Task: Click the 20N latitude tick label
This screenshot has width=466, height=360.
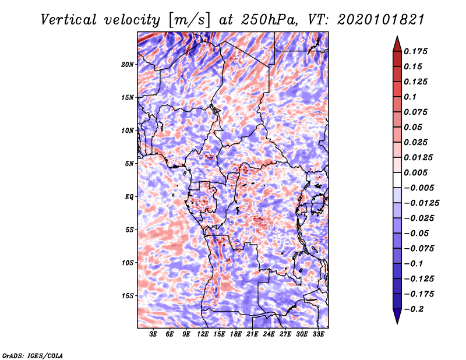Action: (128, 65)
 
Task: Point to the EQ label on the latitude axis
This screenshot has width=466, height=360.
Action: (129, 197)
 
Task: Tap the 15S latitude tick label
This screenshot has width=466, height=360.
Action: (128, 296)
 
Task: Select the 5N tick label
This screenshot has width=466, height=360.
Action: (129, 164)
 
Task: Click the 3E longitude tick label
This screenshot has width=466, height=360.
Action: (153, 334)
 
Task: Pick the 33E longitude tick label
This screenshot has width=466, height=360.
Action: (318, 334)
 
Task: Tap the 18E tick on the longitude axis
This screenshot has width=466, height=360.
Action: (236, 334)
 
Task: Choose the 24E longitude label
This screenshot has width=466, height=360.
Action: (269, 334)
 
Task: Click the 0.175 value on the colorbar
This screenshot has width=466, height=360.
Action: (415, 51)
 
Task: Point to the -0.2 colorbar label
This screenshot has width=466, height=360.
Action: (414, 309)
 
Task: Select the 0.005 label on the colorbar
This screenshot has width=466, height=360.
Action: (415, 172)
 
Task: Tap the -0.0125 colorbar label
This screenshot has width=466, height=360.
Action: (421, 203)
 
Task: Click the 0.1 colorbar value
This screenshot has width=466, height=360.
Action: (410, 97)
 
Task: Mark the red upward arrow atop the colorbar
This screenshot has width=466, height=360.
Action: (397, 44)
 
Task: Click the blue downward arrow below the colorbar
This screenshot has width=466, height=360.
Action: (397, 316)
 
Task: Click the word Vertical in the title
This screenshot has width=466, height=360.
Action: (69, 20)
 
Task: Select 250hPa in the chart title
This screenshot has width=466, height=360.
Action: (270, 20)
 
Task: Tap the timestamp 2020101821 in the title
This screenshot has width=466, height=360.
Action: (381, 20)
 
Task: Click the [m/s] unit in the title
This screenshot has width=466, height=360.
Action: (189, 20)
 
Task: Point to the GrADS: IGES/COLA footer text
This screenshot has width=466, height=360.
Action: (33, 355)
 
